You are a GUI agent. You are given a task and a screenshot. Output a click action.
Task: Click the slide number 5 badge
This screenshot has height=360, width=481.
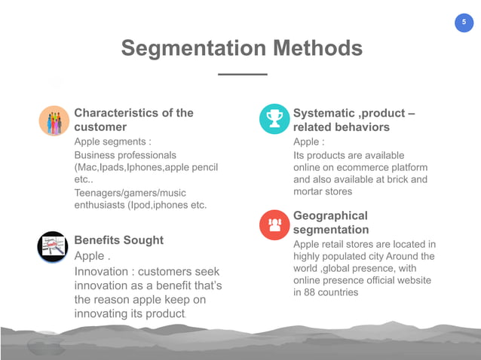[x=464, y=23]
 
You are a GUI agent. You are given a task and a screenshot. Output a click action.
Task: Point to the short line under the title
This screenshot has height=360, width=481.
[x=241, y=75]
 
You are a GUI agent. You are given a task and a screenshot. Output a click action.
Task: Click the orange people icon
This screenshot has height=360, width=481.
[x=54, y=121]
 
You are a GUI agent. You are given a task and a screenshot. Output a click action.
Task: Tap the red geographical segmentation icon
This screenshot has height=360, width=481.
[x=274, y=223]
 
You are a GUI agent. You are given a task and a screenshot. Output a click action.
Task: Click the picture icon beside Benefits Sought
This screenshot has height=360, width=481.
[x=54, y=247]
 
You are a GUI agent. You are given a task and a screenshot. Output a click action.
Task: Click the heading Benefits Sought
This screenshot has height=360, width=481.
[x=118, y=240]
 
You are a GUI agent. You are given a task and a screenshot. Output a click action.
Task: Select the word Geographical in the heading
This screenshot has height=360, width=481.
[x=330, y=215]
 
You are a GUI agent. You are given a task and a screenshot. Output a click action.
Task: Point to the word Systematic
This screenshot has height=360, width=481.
[x=324, y=113]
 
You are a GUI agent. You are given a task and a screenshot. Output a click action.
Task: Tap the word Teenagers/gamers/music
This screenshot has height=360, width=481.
[x=130, y=194]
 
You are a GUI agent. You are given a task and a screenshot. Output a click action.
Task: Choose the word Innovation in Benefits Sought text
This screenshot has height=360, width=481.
[x=104, y=271]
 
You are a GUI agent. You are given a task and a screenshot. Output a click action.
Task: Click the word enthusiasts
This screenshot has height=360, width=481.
[x=99, y=206]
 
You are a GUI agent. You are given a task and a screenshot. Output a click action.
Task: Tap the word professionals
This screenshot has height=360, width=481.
[x=148, y=154]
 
